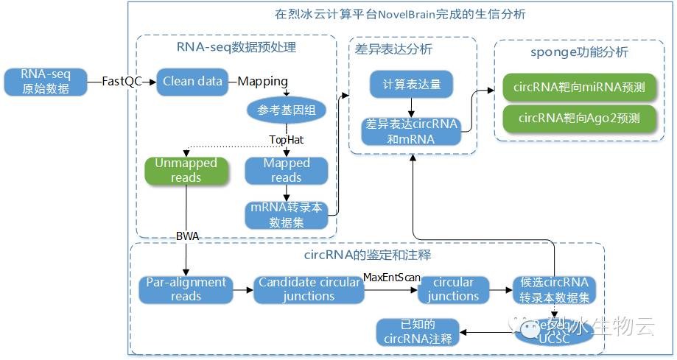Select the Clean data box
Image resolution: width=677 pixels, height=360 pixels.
tap(192, 82)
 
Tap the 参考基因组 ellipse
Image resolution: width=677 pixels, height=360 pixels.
tap(285, 110)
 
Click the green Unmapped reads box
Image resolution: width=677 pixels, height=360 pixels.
tap(186, 170)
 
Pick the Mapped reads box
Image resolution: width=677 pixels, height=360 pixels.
tap(286, 171)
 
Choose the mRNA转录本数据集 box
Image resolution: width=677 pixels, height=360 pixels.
tap(286, 215)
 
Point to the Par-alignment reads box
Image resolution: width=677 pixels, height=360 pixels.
tap(186, 289)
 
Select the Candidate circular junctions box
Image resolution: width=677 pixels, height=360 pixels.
tap(309, 289)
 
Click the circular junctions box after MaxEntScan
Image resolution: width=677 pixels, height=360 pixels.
tap(453, 289)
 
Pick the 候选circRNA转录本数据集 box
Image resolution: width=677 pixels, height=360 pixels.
tap(554, 289)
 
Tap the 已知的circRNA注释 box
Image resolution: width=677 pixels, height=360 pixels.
tap(419, 332)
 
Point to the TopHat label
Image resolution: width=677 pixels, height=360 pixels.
tap(286, 139)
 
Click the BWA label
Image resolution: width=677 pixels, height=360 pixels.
tap(187, 236)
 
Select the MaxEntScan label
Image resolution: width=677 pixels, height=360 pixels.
tap(392, 276)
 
